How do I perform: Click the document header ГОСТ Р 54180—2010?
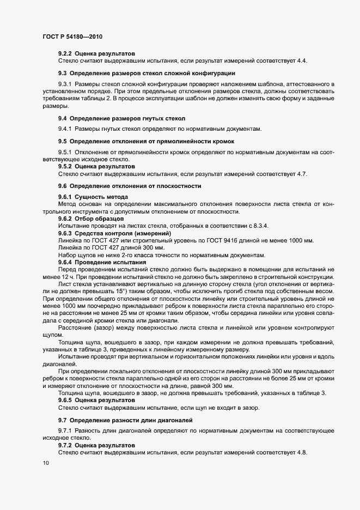click(72, 37)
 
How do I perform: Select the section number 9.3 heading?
click(63, 72)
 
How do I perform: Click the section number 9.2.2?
click(65, 53)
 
